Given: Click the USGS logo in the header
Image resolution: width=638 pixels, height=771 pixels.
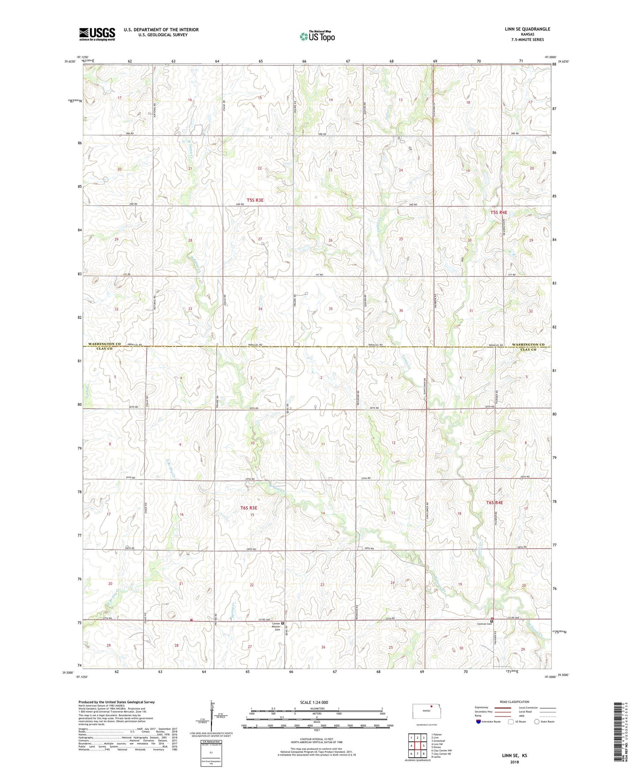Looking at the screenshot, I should tap(97, 34).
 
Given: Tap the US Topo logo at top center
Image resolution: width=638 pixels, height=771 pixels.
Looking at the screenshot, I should tap(317, 36).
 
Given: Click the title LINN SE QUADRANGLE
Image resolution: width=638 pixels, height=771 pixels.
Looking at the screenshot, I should tap(527, 29).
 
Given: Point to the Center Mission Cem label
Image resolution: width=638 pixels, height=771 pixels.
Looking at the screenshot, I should tap(276, 627).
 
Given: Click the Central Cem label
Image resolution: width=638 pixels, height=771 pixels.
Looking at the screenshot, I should tap(484, 624).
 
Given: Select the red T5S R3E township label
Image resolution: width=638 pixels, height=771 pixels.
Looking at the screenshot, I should tap(255, 200).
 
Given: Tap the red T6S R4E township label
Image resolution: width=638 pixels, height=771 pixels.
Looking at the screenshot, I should tap(495, 503).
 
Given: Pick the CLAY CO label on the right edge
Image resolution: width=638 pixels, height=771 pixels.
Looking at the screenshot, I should tap(528, 349).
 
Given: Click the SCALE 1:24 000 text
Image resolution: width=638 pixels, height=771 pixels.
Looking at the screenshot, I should tap(313, 703).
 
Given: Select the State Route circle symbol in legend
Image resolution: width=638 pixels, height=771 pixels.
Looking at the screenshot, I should tap(537, 722).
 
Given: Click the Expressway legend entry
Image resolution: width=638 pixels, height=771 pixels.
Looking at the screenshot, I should tap(482, 707).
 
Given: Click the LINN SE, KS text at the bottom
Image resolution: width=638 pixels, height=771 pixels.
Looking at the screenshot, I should tap(514, 756).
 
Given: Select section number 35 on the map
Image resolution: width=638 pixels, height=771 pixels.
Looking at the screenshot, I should tap(331, 309).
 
